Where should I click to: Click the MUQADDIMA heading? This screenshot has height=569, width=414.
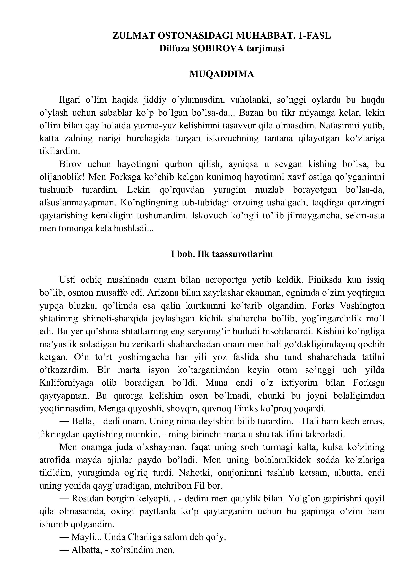222,74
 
